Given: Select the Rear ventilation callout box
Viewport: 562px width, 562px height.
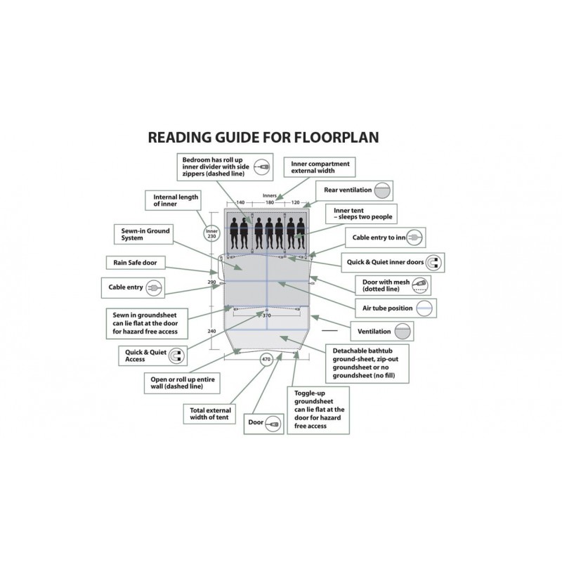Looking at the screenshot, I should [356, 190].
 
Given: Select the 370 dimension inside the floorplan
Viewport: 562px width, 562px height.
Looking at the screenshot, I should [266, 316].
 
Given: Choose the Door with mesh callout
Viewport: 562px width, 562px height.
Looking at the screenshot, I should [393, 285].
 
